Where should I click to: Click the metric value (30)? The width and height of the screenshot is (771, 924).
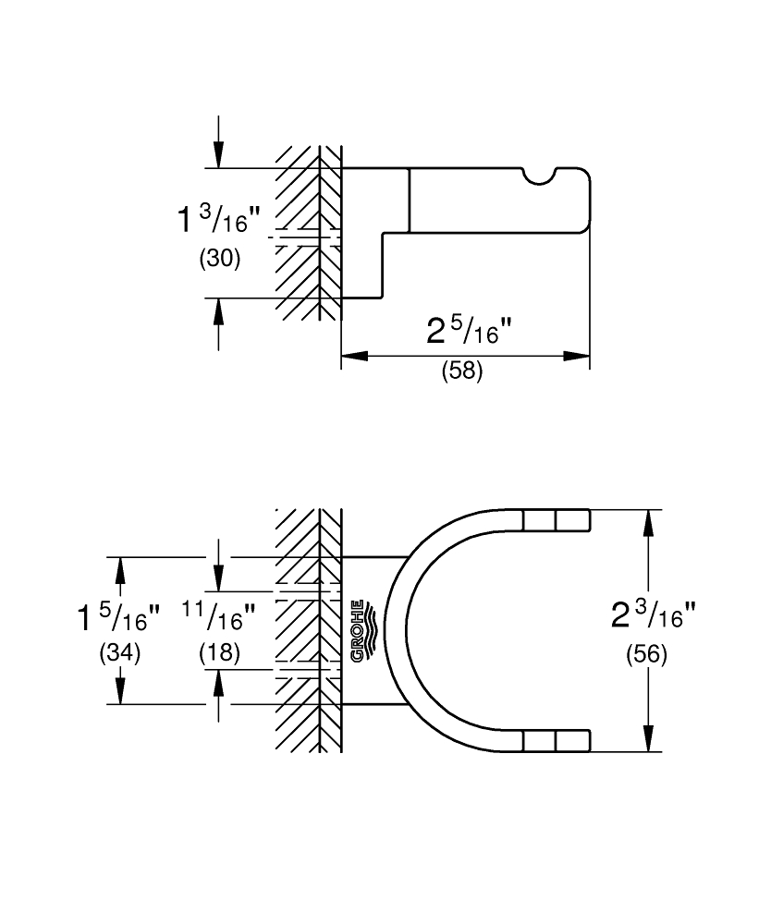tap(220, 258)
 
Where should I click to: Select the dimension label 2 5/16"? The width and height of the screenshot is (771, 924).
tap(470, 331)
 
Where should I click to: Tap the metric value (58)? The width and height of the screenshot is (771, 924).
tap(463, 371)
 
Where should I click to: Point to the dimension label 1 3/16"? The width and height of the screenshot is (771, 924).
tap(218, 219)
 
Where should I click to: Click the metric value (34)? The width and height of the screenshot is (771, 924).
tap(120, 653)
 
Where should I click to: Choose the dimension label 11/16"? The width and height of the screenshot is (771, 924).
tap(219, 615)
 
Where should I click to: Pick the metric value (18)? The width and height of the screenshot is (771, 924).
tap(220, 653)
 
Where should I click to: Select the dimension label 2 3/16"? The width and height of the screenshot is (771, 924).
tap(654, 615)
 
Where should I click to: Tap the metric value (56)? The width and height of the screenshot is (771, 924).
tap(647, 654)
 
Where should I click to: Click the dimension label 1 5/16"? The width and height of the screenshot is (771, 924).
tap(118, 617)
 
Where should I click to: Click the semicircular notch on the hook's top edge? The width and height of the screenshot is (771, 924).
tap(539, 176)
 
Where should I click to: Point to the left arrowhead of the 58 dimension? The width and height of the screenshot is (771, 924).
tap(355, 356)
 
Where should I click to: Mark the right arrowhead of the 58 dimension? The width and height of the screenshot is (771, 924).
tap(577, 356)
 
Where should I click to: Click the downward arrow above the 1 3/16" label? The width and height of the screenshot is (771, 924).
tap(219, 141)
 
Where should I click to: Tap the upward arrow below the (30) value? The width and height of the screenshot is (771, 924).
tap(219, 324)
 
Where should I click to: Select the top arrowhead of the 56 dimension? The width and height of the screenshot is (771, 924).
tap(648, 523)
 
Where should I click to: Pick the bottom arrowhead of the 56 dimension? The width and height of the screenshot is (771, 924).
tap(648, 738)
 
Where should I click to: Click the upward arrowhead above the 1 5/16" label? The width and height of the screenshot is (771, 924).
tap(120, 570)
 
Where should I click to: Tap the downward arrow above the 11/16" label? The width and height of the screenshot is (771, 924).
tap(219, 565)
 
